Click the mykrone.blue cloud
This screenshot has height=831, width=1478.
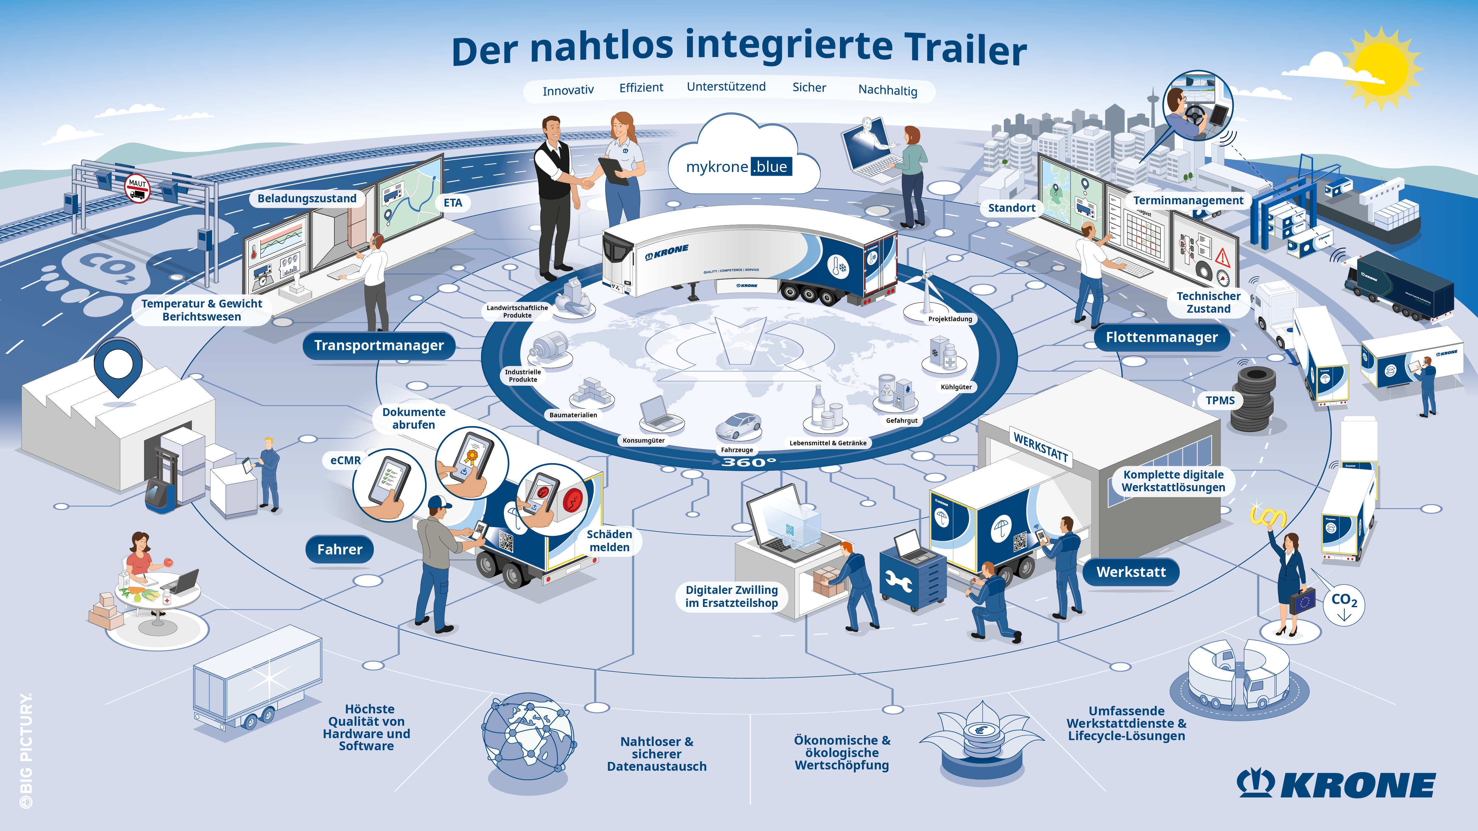point(740,161)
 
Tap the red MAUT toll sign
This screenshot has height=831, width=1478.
point(137,188)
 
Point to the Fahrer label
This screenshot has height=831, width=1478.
point(340,550)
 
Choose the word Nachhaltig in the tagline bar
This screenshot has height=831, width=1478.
point(887,90)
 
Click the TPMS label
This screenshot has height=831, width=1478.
point(1220,400)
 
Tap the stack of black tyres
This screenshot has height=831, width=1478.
point(1254,401)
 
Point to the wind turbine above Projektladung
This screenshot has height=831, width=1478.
point(925,281)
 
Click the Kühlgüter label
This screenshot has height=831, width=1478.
point(956,387)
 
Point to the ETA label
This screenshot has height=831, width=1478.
point(453,202)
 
